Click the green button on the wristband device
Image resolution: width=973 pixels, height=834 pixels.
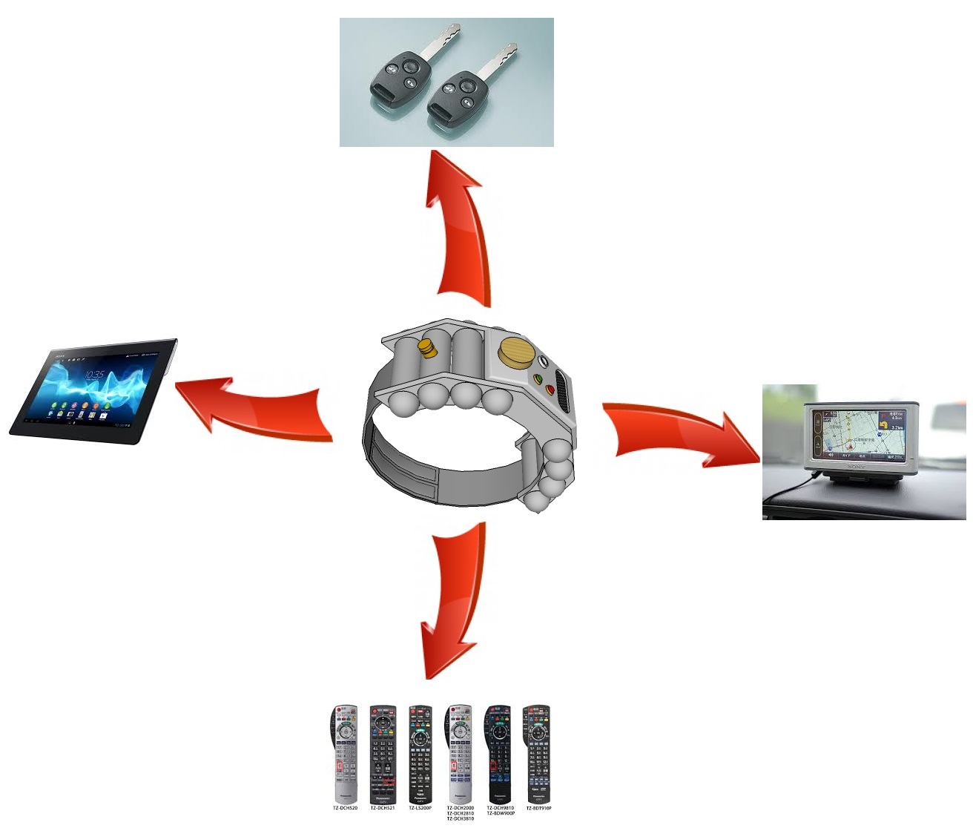click(538, 379)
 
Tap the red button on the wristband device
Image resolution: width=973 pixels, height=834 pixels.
click(550, 389)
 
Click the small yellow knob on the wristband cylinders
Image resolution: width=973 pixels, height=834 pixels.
click(426, 347)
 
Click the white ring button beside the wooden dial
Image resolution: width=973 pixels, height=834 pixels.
click(544, 361)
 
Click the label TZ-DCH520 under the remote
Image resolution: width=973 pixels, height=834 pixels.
click(345, 808)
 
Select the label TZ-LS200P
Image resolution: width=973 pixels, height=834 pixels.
click(420, 808)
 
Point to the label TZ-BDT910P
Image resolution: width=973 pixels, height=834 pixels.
click(538, 808)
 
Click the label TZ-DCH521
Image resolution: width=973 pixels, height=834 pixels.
click(383, 808)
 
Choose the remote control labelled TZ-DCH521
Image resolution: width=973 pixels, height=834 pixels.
click(383, 753)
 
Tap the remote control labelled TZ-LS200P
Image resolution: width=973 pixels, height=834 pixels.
click(420, 753)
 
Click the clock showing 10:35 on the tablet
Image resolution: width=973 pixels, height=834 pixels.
click(94, 375)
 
